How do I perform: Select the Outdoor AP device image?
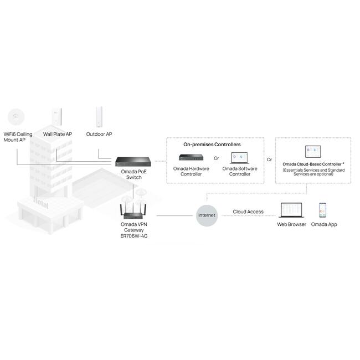pyautogui.click(x=99, y=116)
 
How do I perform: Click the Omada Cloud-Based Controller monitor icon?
pyautogui.click(x=313, y=152)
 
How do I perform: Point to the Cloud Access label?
pyautogui.click(x=248, y=212)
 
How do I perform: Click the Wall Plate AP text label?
pyautogui.click(x=58, y=134)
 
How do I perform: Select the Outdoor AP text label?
pyautogui.click(x=99, y=134)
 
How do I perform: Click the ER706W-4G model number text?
pyautogui.click(x=134, y=236)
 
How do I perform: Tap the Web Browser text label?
pyautogui.click(x=292, y=224)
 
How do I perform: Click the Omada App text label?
pyautogui.click(x=324, y=224)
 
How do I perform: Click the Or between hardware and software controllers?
pyautogui.click(x=217, y=158)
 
